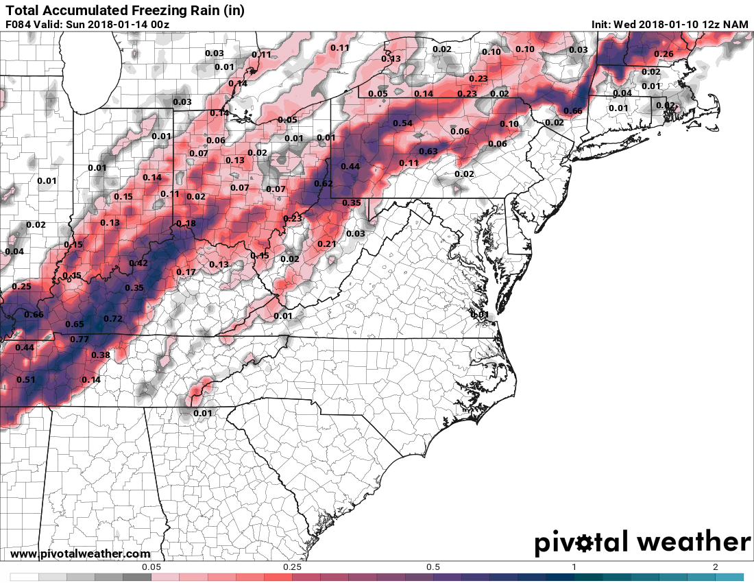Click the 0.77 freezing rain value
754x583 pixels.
80,339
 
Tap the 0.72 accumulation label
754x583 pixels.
112,319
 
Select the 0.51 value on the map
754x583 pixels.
26,379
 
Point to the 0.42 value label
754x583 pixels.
138,263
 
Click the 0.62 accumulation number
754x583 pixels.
323,184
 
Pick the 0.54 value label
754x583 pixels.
403,123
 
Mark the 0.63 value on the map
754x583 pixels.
428,152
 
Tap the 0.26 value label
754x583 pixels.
664,54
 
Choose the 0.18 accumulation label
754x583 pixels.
186,224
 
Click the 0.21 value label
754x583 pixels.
327,244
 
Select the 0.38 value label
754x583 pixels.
101,355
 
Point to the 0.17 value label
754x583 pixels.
186,272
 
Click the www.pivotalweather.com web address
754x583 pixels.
80,554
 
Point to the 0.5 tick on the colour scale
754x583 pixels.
433,567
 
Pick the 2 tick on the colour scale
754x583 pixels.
715,567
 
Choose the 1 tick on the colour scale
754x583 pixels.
574,567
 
